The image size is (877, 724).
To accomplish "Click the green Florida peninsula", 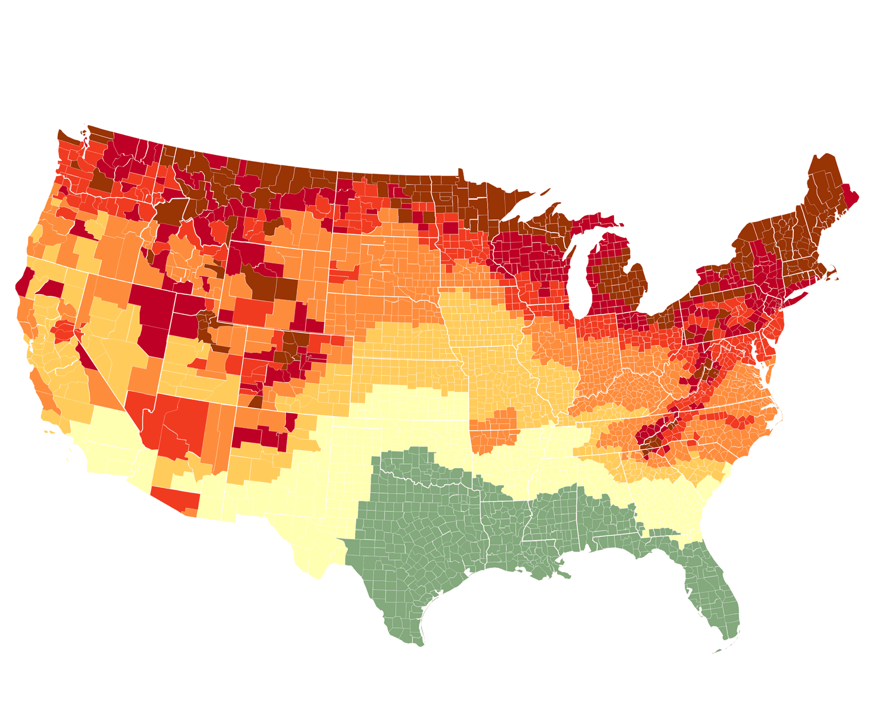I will point(713,596).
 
